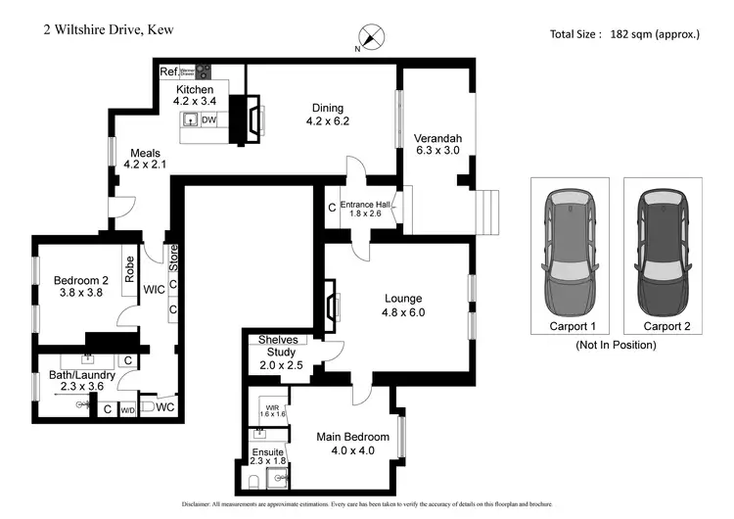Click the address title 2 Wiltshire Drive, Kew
click(x=109, y=29)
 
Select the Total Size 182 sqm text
click(x=625, y=33)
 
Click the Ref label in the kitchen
click(x=168, y=71)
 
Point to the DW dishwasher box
click(x=208, y=119)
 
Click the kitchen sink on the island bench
click(x=191, y=119)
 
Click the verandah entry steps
click(x=486, y=211)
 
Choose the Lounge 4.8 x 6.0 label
click(x=403, y=306)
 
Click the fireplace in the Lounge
click(x=331, y=306)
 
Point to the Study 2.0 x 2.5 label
click(x=281, y=358)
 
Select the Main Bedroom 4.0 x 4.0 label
click(x=353, y=444)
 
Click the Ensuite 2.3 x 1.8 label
click(x=270, y=456)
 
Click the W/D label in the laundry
click(x=127, y=410)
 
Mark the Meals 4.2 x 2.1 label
click(x=145, y=158)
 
